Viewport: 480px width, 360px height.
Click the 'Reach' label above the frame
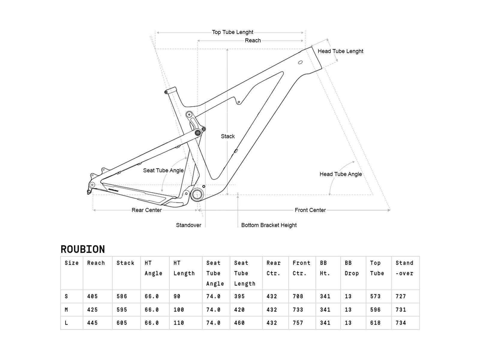point(253,40)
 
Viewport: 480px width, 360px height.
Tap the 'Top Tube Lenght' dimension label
point(232,32)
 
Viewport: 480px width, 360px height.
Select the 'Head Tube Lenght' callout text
point(340,51)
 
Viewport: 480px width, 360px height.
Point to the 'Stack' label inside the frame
point(228,136)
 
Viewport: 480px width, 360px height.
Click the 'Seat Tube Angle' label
point(163,170)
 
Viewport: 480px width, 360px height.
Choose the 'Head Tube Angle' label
point(340,174)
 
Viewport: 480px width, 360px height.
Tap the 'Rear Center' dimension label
point(147,210)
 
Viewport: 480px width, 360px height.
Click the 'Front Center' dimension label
point(310,210)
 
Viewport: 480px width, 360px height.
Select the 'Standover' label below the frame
point(188,225)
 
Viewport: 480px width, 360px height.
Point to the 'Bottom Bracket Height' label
point(269,225)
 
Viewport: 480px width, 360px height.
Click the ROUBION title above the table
point(83,249)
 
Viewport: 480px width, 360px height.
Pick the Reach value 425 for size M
point(92,310)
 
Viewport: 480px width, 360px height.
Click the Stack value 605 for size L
point(122,323)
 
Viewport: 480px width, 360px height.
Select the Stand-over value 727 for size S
point(401,296)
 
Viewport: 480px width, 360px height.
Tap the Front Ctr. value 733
point(298,310)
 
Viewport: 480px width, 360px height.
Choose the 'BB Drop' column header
point(352,268)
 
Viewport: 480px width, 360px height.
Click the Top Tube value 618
point(375,323)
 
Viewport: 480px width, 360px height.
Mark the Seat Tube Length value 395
point(239,296)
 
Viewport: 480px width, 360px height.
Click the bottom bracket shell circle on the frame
point(197,195)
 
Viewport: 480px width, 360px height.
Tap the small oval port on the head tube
point(300,62)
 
